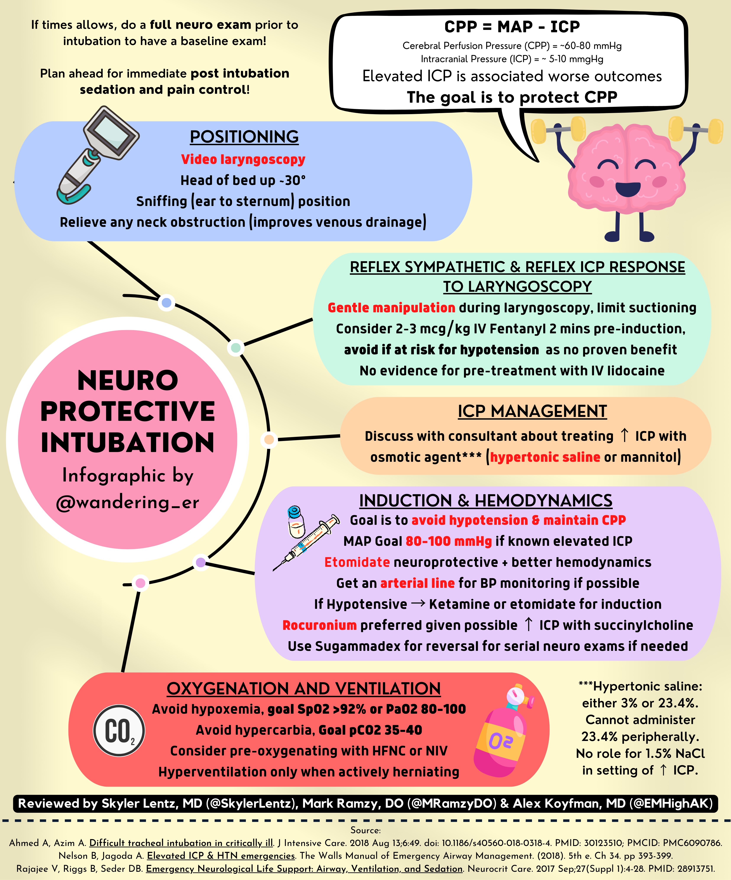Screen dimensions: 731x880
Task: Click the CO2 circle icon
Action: pyautogui.click(x=119, y=730)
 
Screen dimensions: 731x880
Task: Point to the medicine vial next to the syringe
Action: pyautogui.click(x=296, y=522)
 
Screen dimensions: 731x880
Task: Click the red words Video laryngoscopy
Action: pyautogui.click(x=243, y=159)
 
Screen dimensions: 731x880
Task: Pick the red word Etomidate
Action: pyautogui.click(x=357, y=562)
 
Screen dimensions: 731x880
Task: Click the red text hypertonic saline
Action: pyautogui.click(x=545, y=457)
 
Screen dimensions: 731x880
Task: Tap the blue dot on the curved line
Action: pyautogui.click(x=166, y=303)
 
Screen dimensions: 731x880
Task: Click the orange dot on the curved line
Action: pyautogui.click(x=269, y=439)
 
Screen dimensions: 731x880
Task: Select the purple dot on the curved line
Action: pyautogui.click(x=201, y=562)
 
